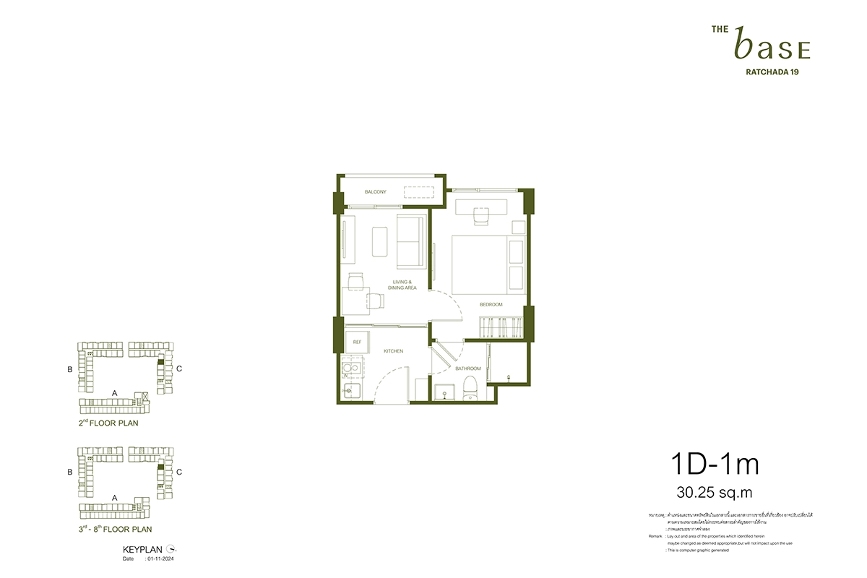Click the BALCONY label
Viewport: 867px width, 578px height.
click(x=375, y=192)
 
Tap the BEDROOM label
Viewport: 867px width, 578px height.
click(x=491, y=305)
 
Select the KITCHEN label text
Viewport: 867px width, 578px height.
click(x=394, y=351)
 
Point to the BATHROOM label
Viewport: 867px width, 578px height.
click(x=467, y=368)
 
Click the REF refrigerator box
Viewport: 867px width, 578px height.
click(x=357, y=342)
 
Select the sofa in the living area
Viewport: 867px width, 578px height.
click(x=410, y=241)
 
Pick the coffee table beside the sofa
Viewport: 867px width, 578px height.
click(x=381, y=241)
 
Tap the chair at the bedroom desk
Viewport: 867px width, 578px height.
click(x=481, y=215)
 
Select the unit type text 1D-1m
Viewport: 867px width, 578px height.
click(x=715, y=465)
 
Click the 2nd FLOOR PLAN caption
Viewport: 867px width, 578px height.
click(x=108, y=423)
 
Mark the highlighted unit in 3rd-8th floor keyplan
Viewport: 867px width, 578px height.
click(x=161, y=468)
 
